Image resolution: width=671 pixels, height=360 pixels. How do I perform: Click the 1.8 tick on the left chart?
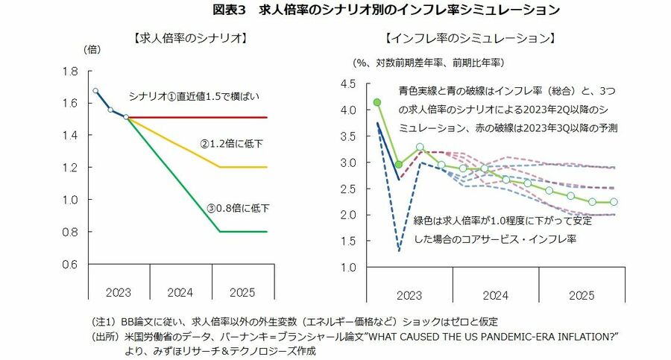(x=72, y=72)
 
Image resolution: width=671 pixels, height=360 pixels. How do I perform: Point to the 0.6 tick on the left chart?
(x=72, y=264)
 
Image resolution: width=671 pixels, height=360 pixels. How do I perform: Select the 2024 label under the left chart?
(x=180, y=291)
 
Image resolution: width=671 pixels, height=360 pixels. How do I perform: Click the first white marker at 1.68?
(x=95, y=91)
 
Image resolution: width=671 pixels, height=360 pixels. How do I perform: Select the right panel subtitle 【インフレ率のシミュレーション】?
(x=471, y=37)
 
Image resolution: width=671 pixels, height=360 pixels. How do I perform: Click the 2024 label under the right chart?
(x=495, y=295)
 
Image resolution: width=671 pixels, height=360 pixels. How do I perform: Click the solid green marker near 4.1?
(x=377, y=102)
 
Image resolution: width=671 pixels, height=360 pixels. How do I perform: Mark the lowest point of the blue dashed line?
(x=399, y=251)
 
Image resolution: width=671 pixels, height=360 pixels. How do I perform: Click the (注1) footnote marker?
(x=103, y=322)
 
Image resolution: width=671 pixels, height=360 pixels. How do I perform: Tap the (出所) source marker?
(x=103, y=337)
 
